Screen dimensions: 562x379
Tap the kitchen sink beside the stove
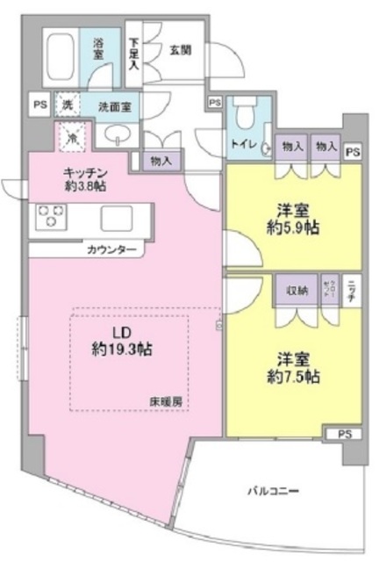[x=116, y=216]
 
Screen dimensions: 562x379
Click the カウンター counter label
[x=111, y=249]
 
